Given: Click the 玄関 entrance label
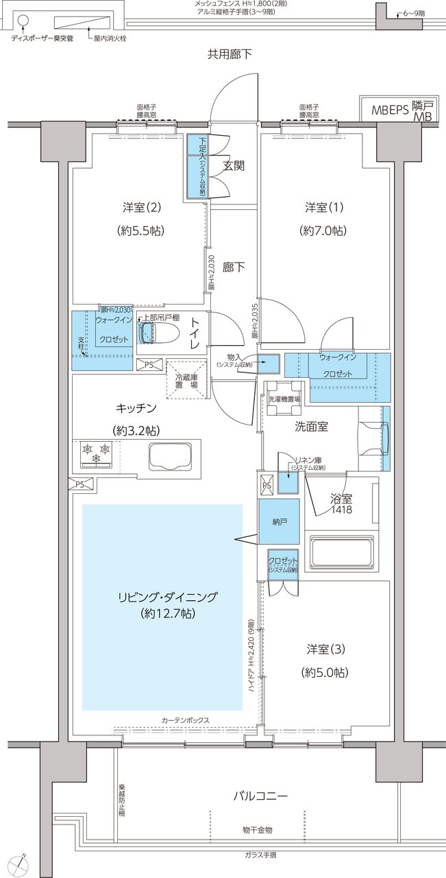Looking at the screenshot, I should point(234,166).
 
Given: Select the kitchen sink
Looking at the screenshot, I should point(169,456).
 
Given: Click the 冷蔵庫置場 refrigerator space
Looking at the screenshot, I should point(185,378).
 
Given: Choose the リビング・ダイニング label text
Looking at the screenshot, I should point(166,597).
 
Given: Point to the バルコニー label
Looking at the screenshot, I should point(260,796).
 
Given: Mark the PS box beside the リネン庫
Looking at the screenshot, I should point(267,484).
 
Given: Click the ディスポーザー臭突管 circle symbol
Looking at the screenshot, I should point(22,21).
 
